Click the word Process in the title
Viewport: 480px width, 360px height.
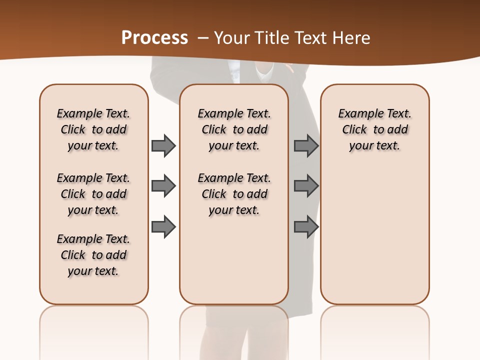coord(154,38)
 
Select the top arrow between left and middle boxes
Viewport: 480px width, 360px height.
coord(163,145)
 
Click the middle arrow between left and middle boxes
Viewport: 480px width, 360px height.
coord(163,186)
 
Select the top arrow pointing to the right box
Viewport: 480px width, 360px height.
coord(306,145)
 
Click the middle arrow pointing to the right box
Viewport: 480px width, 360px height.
coord(306,186)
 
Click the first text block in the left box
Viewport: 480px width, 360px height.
coord(93,129)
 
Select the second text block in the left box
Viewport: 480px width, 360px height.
coord(93,194)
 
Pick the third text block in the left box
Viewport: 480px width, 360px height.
coord(93,255)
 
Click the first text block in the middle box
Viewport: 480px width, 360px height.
coord(234,129)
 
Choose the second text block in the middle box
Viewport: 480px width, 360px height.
coord(234,194)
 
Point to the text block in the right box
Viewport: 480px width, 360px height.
coord(374,129)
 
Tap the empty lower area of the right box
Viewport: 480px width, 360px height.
coord(374,235)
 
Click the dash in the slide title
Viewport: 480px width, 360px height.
coord(202,38)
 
